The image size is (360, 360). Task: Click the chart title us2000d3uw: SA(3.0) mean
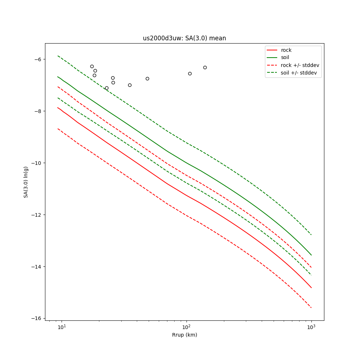[x=184, y=38]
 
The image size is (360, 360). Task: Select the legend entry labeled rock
[x=286, y=50]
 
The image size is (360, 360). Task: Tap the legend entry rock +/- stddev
[x=300, y=65]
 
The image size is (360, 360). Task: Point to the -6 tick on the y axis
[x=37, y=59]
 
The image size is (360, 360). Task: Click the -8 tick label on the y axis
[x=37, y=111]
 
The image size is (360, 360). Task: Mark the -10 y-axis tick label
[x=36, y=163]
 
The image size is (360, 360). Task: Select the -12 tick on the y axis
[x=36, y=215]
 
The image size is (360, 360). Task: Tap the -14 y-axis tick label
[x=36, y=267]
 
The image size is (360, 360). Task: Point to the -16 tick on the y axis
[x=36, y=319]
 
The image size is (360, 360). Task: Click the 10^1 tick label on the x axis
[x=62, y=327]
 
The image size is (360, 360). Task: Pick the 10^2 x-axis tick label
[x=186, y=327]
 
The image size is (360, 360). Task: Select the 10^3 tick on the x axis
[x=311, y=327]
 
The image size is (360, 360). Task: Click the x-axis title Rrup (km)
[x=184, y=335]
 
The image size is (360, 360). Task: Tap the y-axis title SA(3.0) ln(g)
[x=26, y=182]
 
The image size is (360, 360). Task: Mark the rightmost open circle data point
[x=205, y=67]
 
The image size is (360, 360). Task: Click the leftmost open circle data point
[x=92, y=66]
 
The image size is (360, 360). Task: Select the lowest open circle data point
[x=107, y=88]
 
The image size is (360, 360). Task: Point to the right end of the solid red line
[x=311, y=288]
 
